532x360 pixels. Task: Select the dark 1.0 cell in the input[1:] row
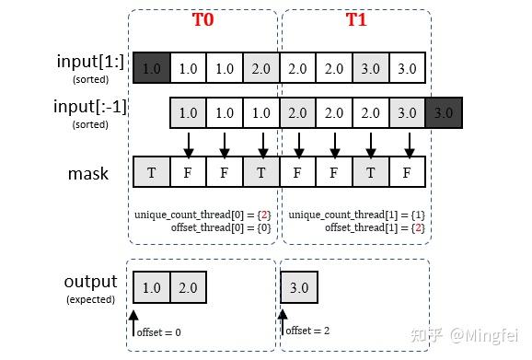pos(152,68)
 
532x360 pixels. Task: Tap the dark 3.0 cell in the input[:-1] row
pos(443,112)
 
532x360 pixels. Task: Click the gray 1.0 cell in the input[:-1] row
pos(189,112)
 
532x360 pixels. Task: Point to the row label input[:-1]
pos(89,107)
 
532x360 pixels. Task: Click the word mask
pos(89,172)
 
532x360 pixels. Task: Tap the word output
pos(90,281)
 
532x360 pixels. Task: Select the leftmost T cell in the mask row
pos(152,172)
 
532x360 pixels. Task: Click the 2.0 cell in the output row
pos(189,288)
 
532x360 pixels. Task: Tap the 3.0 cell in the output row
pos(297,288)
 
